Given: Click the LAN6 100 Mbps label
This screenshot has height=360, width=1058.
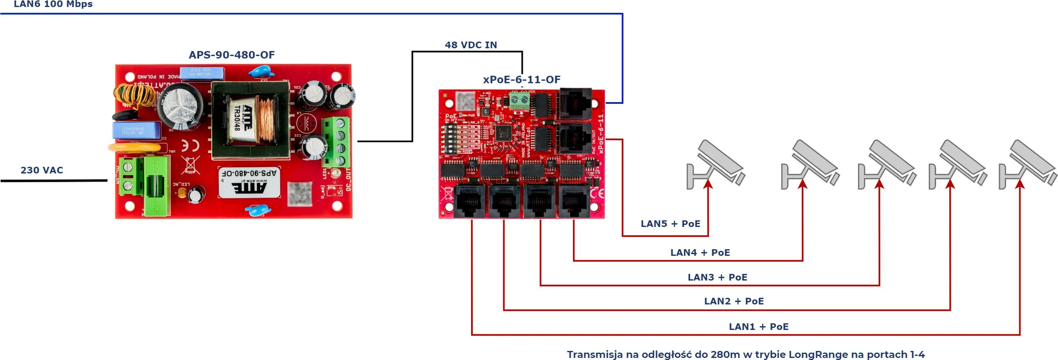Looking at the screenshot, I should pyautogui.click(x=53, y=4).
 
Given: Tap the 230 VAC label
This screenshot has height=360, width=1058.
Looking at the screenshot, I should pyautogui.click(x=42, y=170).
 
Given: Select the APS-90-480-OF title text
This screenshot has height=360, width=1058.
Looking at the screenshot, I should pyautogui.click(x=231, y=55).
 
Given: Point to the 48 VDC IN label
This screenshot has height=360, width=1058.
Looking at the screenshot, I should pyautogui.click(x=471, y=45).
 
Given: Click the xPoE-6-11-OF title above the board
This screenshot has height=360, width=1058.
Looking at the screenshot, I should pyautogui.click(x=522, y=80).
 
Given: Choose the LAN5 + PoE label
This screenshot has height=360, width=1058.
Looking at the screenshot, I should pyautogui.click(x=670, y=224).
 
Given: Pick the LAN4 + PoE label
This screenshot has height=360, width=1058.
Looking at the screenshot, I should pyautogui.click(x=700, y=253).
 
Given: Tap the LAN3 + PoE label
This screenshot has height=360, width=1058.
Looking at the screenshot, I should pyautogui.click(x=717, y=277).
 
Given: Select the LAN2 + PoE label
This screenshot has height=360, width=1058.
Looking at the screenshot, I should pyautogui.click(x=734, y=301).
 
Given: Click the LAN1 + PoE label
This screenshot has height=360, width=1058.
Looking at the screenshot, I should pyautogui.click(x=759, y=327).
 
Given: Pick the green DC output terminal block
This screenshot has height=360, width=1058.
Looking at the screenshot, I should pyautogui.click(x=336, y=141).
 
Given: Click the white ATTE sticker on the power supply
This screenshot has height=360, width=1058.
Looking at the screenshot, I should pyautogui.click(x=249, y=182).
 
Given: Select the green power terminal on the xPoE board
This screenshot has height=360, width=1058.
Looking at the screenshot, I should pyautogui.click(x=519, y=101).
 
